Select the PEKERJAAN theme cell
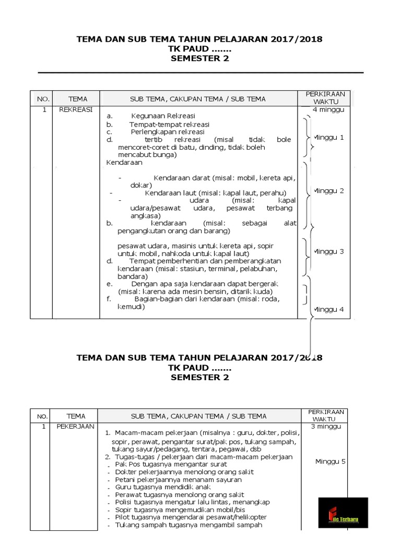[76, 426]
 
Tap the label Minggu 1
[328, 138]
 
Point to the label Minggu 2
[328, 191]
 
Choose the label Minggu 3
[328, 251]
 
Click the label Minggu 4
[328, 309]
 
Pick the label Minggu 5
[331, 462]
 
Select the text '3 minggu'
[326, 426]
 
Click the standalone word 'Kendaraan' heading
[124, 163]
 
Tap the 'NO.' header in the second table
[42, 416]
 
